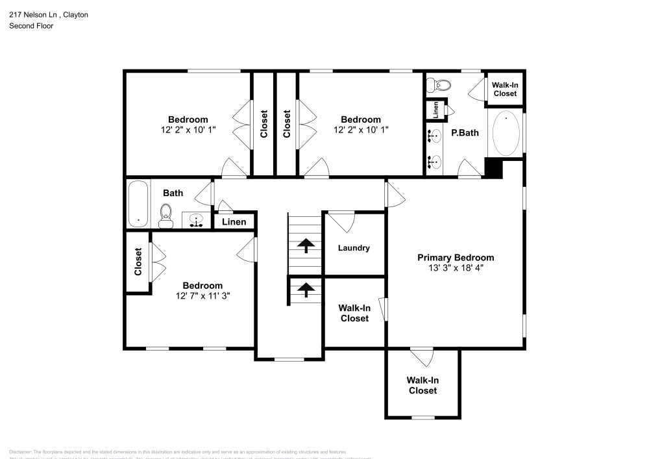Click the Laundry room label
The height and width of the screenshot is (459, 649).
click(x=354, y=247)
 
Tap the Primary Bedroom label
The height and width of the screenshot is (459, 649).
click(x=455, y=258)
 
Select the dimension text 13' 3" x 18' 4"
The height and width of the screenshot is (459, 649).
click(x=455, y=267)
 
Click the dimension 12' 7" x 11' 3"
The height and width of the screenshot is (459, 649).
click(x=202, y=295)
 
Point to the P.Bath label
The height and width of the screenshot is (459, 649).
click(x=465, y=133)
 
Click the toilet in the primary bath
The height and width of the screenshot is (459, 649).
click(x=442, y=84)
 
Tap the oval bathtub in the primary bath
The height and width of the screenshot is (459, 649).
click(x=506, y=133)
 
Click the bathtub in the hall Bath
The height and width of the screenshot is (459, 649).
click(x=138, y=203)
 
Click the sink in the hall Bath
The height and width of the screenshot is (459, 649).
click(x=195, y=220)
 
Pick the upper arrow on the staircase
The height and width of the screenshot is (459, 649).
click(x=305, y=245)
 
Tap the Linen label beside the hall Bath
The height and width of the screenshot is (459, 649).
click(x=234, y=222)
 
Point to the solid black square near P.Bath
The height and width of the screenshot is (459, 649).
click(x=494, y=167)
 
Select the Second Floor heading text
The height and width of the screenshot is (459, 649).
click(x=31, y=26)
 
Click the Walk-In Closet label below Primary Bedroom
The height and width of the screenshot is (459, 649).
click(x=422, y=385)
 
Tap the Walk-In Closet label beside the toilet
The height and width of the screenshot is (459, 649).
click(x=505, y=89)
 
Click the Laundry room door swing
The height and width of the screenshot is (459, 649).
click(x=341, y=220)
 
